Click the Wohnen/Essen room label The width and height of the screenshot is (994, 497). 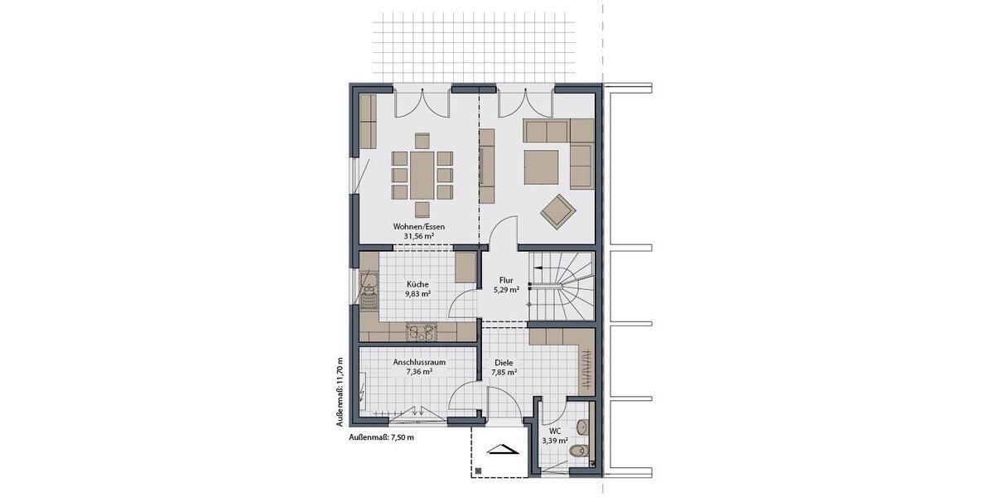[418, 225]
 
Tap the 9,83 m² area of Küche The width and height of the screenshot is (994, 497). [418, 293]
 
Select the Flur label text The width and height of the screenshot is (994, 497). [504, 279]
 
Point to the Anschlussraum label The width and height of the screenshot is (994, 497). [418, 362]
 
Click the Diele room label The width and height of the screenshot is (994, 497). [504, 363]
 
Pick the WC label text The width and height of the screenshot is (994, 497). [554, 431]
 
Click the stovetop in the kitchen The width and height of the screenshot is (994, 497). [421, 332]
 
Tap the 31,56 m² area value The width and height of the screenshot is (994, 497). [418, 236]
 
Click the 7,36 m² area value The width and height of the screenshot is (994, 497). [418, 373]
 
